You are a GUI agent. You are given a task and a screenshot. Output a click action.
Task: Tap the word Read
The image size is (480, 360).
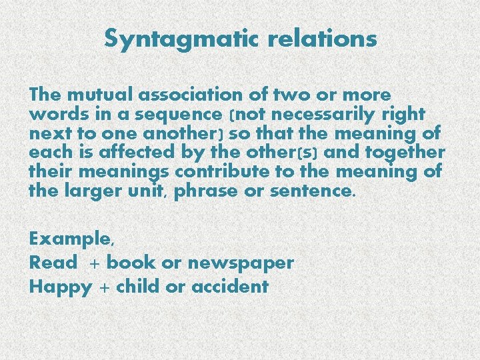point(53,263)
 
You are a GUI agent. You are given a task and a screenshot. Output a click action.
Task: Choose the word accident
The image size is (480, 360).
point(229,287)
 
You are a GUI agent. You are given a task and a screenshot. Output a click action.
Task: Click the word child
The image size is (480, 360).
point(138,287)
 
